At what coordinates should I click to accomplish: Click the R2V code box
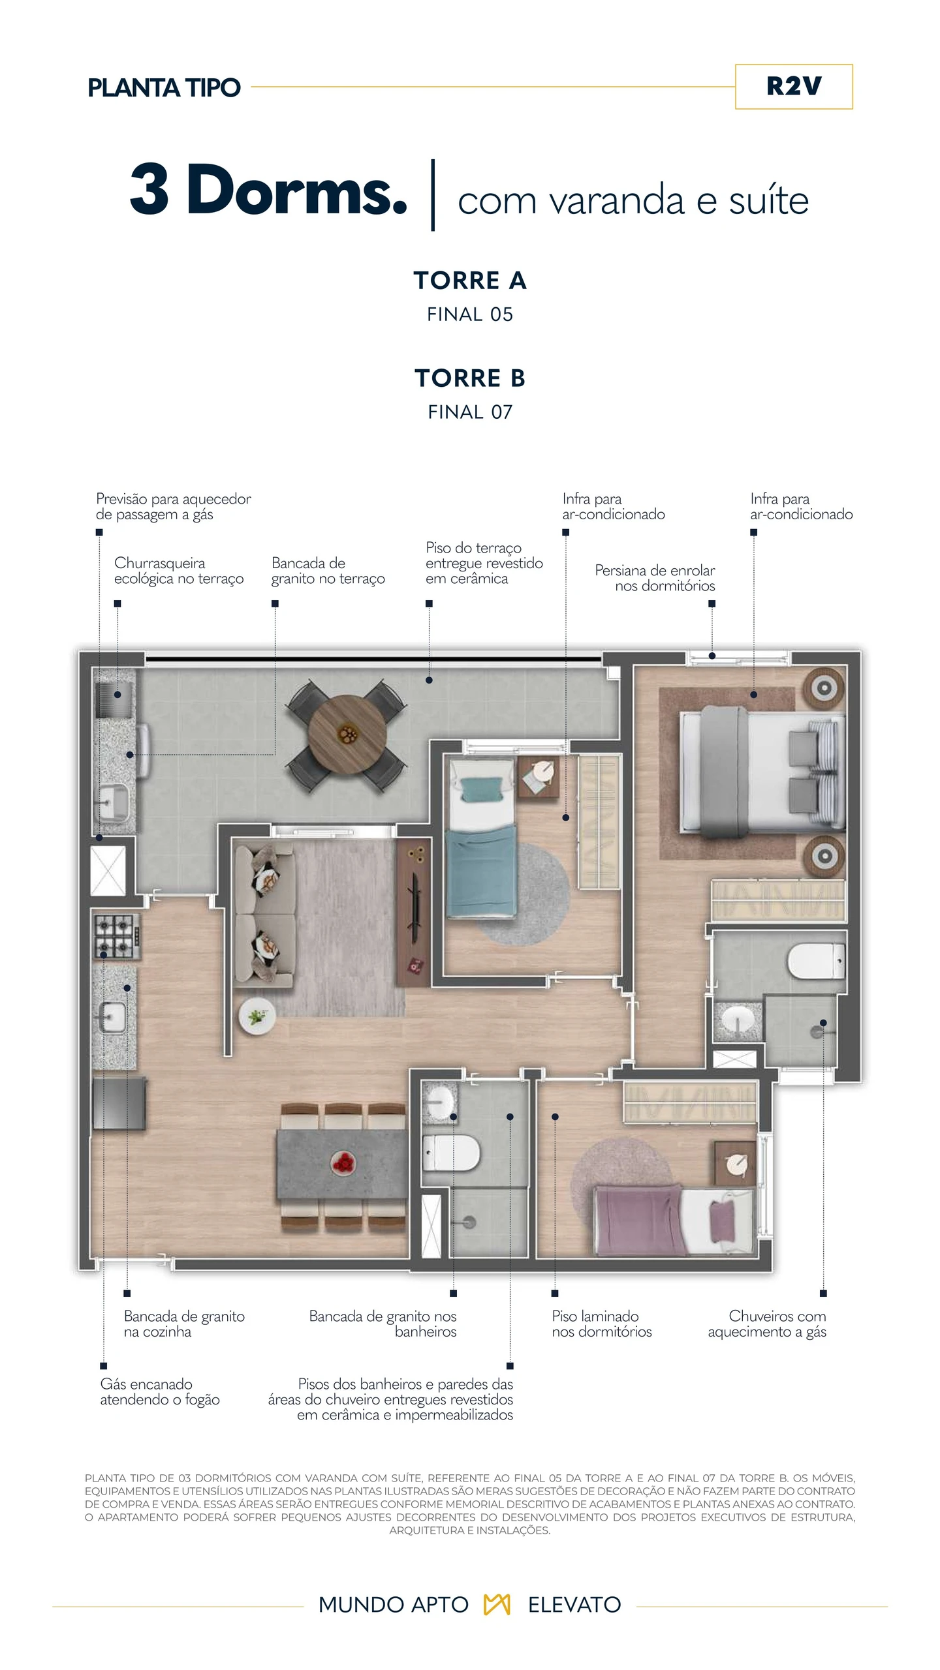click(x=794, y=87)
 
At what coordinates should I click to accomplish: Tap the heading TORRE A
click(x=470, y=281)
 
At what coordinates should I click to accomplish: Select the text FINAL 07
click(x=470, y=412)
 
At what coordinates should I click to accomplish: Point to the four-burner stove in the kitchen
click(x=117, y=936)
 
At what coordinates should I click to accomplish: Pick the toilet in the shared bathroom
click(x=451, y=1153)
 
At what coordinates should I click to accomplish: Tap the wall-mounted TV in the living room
click(x=413, y=901)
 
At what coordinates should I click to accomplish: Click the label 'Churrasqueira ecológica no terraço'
click(x=179, y=571)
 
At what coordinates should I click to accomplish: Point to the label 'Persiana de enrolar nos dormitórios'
click(x=655, y=578)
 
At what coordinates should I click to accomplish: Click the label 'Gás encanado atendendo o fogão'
click(x=160, y=1391)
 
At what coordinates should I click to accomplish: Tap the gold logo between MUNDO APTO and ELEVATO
click(x=497, y=1604)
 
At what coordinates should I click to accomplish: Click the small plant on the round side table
click(x=257, y=1016)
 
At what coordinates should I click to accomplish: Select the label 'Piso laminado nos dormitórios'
click(x=602, y=1324)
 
